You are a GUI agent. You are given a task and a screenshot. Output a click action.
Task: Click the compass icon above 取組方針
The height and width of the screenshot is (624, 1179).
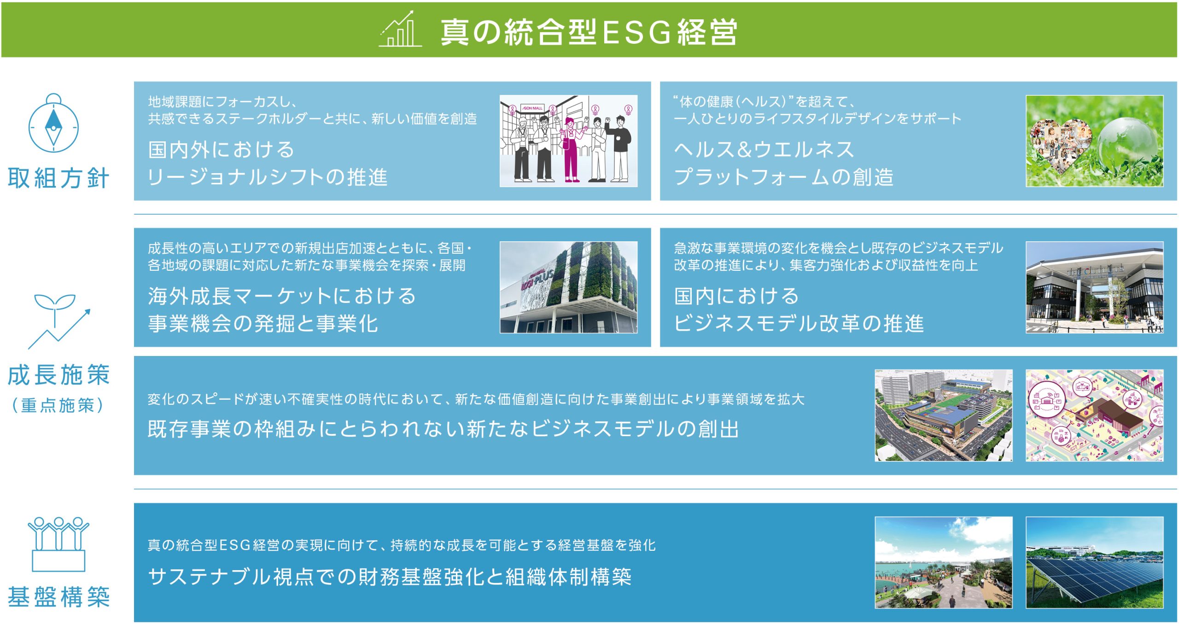(x=53, y=123)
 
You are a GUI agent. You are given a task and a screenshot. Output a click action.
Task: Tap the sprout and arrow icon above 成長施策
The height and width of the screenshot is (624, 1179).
(x=59, y=321)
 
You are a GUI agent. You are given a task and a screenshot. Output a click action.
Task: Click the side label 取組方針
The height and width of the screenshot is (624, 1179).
(x=58, y=178)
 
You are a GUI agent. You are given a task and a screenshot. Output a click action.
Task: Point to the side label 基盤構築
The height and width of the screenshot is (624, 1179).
(x=58, y=597)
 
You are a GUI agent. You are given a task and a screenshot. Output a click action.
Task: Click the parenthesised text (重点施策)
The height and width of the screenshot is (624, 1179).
(x=58, y=405)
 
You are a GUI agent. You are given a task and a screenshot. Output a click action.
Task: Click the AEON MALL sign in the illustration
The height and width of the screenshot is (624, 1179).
(x=532, y=108)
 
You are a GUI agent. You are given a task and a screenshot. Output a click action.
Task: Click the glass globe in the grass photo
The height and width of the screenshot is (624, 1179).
(x=1127, y=144)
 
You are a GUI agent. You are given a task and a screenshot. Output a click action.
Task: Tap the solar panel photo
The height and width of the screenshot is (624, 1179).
(x=1094, y=562)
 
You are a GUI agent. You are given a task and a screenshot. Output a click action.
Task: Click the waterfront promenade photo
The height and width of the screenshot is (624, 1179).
(x=943, y=562)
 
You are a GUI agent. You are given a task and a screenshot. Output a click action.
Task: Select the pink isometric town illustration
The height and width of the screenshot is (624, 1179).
(x=1094, y=415)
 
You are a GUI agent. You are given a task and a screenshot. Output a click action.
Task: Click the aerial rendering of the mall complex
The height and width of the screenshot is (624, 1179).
(x=943, y=415)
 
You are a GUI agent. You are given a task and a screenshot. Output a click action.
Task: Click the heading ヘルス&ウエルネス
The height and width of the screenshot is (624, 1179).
(x=764, y=150)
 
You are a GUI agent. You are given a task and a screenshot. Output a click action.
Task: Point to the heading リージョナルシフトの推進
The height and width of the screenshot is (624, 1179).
(x=268, y=177)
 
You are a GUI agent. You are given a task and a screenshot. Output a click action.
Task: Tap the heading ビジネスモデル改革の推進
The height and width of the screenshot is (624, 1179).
(x=799, y=323)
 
